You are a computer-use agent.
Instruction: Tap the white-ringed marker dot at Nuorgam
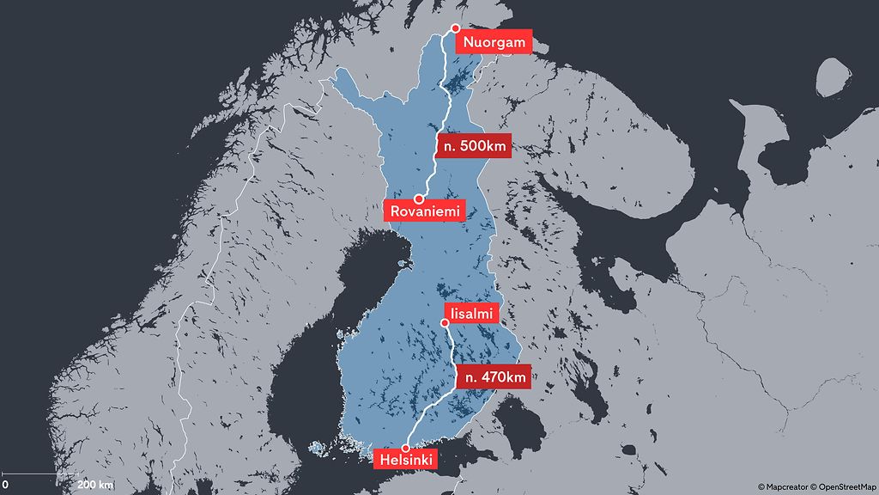(457, 28)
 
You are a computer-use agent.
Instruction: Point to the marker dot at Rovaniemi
(419, 199)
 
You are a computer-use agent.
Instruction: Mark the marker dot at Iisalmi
(445, 323)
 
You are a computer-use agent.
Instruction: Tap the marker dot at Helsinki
(406, 448)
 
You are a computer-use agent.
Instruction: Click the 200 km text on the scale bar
(94, 485)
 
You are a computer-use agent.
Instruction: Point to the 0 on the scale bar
(5, 485)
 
